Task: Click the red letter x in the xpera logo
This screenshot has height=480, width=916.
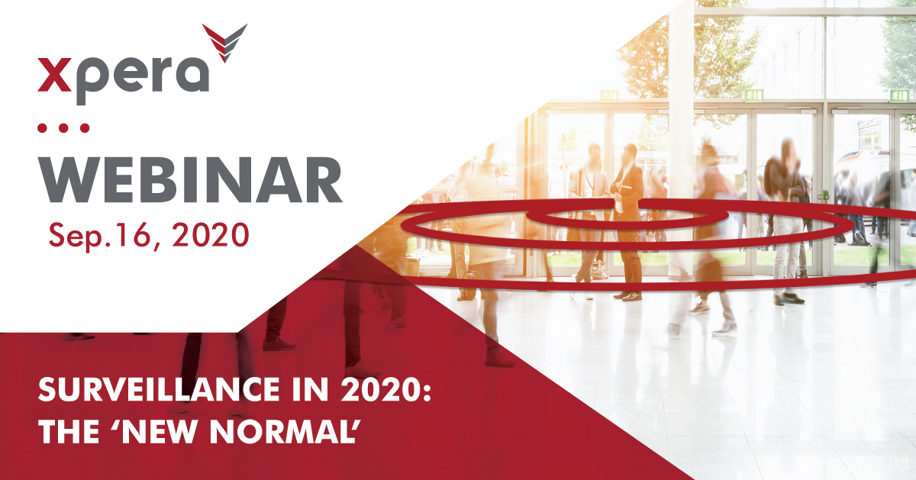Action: (x=55, y=75)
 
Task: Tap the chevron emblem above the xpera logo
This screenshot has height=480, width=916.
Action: (x=224, y=42)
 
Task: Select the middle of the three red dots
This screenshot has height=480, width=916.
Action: (x=63, y=128)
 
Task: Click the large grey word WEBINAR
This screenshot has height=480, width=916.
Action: (x=190, y=180)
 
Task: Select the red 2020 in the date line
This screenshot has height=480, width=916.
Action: (x=210, y=235)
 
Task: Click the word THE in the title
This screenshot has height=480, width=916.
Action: (x=69, y=432)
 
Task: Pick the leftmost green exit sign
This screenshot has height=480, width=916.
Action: (x=609, y=96)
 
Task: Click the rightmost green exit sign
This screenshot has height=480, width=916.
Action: (x=898, y=95)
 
